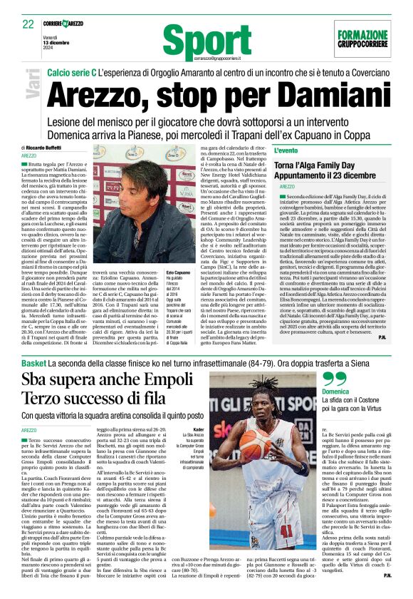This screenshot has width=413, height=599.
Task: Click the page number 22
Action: pos(28,25)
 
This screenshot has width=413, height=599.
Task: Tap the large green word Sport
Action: pos(206,41)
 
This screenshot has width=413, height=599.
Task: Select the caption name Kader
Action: pos(199,429)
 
